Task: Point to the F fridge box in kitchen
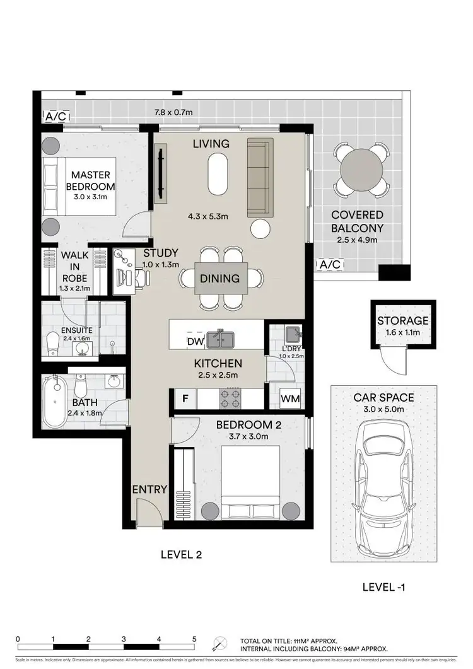click(185, 398)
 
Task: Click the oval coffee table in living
click(219, 175)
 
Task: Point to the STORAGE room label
click(403, 321)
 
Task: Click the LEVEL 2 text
click(180, 555)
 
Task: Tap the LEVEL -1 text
click(383, 587)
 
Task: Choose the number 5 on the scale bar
click(194, 638)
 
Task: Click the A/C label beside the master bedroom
click(55, 116)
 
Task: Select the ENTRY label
click(149, 489)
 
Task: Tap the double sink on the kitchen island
click(221, 340)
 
